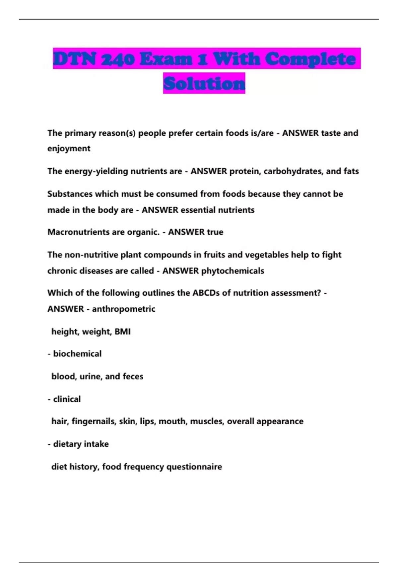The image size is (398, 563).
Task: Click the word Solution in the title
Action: click(204, 83)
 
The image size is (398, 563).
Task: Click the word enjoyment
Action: click(69, 148)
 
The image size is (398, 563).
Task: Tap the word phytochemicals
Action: click(232, 271)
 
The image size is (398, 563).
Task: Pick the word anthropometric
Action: click(123, 309)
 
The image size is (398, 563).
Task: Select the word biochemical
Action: click(77, 354)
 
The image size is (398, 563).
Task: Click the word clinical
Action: click(67, 399)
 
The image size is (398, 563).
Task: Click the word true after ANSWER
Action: click(215, 232)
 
